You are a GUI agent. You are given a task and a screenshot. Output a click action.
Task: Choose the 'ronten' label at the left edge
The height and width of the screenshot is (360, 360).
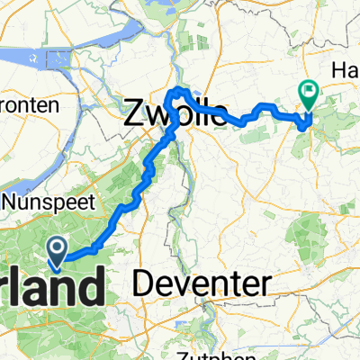coord(29,105)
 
